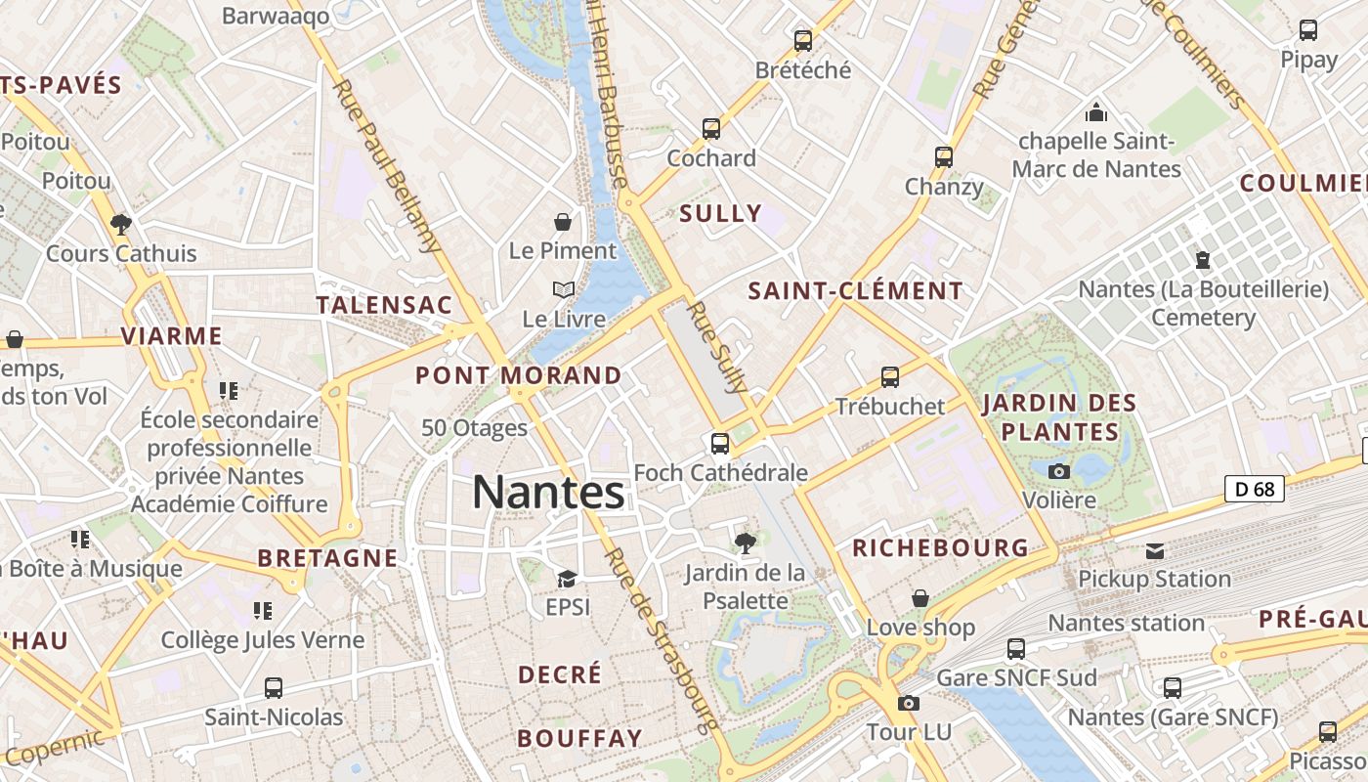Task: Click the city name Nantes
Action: click(x=548, y=492)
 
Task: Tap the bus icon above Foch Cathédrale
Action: click(x=720, y=443)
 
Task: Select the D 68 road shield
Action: click(x=1255, y=489)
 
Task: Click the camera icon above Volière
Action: click(x=1058, y=471)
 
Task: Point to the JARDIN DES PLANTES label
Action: click(x=1060, y=417)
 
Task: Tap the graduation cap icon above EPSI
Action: click(x=567, y=579)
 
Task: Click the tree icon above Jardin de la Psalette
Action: click(x=745, y=542)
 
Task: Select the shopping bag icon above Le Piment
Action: click(x=563, y=222)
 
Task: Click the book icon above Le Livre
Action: click(x=563, y=290)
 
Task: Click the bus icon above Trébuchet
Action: click(x=889, y=376)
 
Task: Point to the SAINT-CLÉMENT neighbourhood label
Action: click(x=855, y=291)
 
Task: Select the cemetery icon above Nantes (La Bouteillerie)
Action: click(x=1202, y=261)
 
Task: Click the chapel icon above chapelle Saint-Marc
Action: click(x=1096, y=111)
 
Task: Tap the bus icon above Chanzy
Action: click(x=943, y=156)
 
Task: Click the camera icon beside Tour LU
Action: click(x=909, y=703)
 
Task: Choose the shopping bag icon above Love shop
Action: click(x=919, y=598)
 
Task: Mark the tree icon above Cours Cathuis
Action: click(x=121, y=225)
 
